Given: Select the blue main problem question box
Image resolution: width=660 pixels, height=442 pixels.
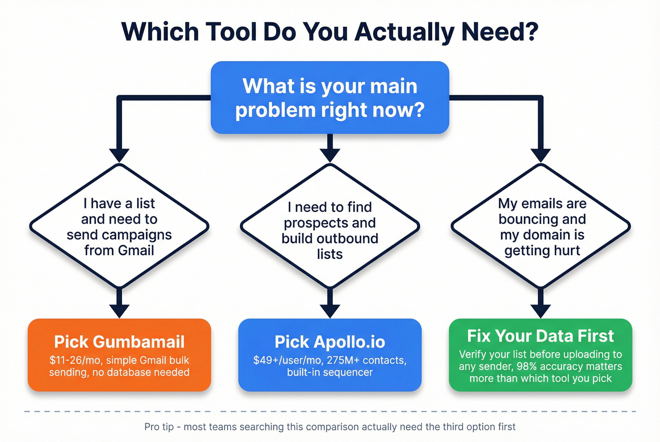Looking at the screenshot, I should [330, 97].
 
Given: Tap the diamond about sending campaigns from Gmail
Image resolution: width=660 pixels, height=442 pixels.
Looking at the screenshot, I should [119, 226].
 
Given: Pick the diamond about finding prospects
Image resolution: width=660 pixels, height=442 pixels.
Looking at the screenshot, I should [330, 226].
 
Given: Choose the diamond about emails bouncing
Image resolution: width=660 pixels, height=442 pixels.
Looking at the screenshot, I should [541, 226].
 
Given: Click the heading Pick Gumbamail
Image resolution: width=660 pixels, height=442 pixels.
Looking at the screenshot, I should [119, 342].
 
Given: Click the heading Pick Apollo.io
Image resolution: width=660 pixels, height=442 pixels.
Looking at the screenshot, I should [330, 342].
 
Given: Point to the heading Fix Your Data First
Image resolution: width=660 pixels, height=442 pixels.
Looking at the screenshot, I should [540, 336].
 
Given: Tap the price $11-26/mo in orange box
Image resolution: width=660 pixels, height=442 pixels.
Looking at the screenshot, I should [75, 361].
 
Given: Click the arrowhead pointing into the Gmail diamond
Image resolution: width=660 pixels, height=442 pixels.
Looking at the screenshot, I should [119, 155].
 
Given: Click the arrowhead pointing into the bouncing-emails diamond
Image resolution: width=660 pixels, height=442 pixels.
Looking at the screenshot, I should [541, 155].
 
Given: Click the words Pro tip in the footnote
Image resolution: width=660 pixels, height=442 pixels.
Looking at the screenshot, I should [158, 427].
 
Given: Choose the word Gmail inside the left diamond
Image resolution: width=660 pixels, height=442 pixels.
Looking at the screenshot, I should [136, 250].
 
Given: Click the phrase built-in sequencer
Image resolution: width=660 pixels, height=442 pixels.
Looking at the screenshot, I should [330, 372].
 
